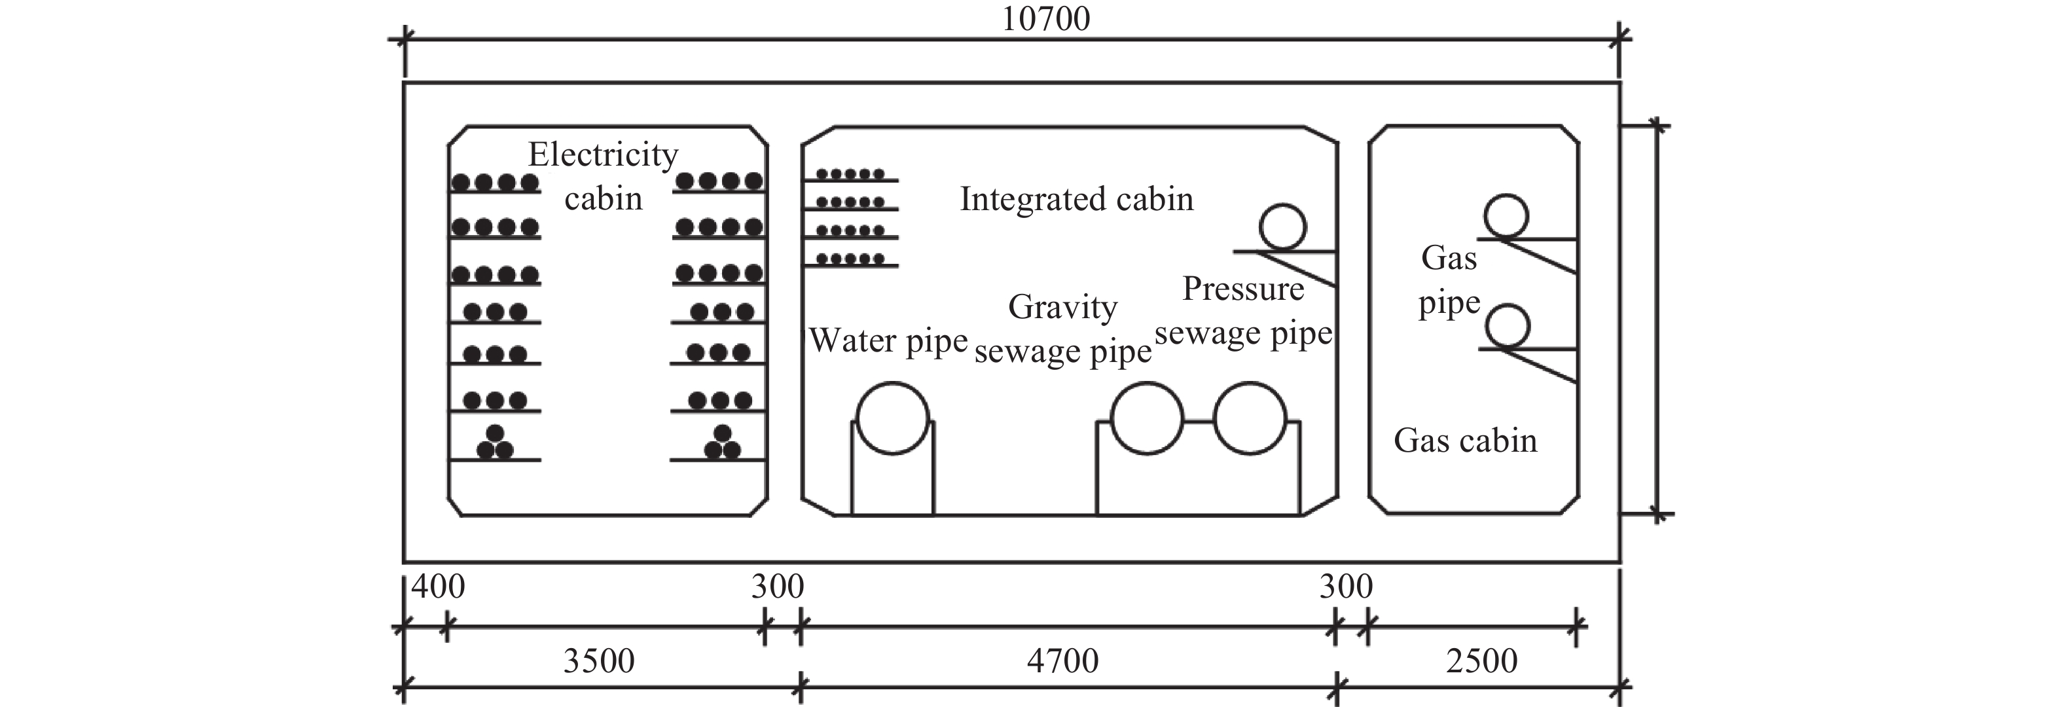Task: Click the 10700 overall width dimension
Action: (1045, 18)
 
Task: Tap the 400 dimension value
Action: (438, 587)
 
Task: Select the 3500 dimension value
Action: (599, 661)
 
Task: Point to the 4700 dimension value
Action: (1063, 661)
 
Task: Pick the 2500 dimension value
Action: (1481, 661)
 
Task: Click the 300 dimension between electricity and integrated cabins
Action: (777, 587)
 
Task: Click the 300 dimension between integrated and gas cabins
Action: (1346, 587)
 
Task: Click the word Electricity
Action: (603, 154)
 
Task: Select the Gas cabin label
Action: (1465, 441)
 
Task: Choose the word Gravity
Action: (1062, 306)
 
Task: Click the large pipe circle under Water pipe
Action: (892, 418)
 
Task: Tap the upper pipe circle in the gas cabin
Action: (1506, 217)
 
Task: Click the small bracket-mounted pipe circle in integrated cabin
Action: (1282, 227)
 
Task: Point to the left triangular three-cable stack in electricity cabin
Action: (495, 443)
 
